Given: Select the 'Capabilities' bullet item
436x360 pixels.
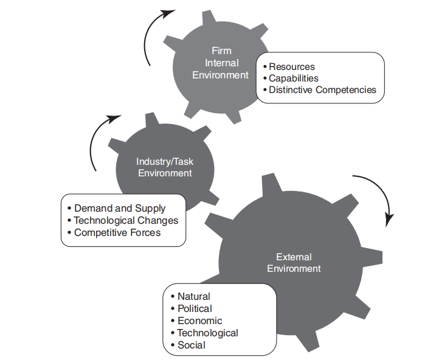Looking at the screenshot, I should (294, 78).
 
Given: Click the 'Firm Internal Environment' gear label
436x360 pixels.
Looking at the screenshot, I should (221, 63).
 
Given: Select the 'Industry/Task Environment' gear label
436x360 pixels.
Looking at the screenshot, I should (165, 167).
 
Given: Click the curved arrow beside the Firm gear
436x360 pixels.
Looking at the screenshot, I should (152, 33).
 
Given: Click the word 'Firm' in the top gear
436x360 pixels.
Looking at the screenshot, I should (221, 51).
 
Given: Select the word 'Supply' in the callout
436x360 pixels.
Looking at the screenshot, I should (150, 208).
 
